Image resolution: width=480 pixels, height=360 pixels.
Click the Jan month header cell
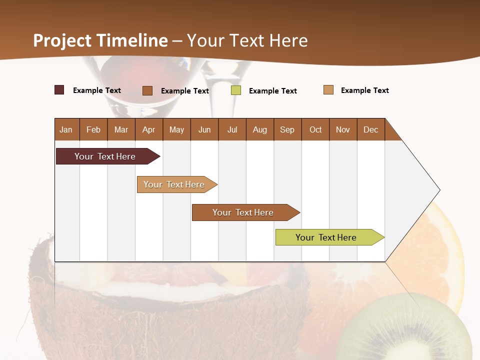click(66, 129)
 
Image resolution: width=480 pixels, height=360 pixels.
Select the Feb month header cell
click(93, 129)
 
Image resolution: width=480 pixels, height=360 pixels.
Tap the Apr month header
click(149, 129)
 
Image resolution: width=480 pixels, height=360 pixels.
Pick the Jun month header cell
click(204, 129)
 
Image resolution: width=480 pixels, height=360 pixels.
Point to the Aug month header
click(260, 129)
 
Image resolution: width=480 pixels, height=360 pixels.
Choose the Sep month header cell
click(287, 129)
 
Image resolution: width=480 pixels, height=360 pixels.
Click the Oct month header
click(315, 129)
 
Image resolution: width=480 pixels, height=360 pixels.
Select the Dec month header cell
click(371, 129)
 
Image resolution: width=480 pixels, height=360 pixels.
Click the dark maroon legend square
click(59, 90)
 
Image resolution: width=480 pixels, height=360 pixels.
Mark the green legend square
click(236, 90)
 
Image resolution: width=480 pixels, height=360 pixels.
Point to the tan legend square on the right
click(328, 90)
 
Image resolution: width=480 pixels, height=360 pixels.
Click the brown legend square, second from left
click(147, 90)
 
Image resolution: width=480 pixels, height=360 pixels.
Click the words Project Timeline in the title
click(100, 40)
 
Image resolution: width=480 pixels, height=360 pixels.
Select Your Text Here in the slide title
click(247, 40)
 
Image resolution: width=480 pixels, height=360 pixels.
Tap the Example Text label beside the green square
click(272, 91)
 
